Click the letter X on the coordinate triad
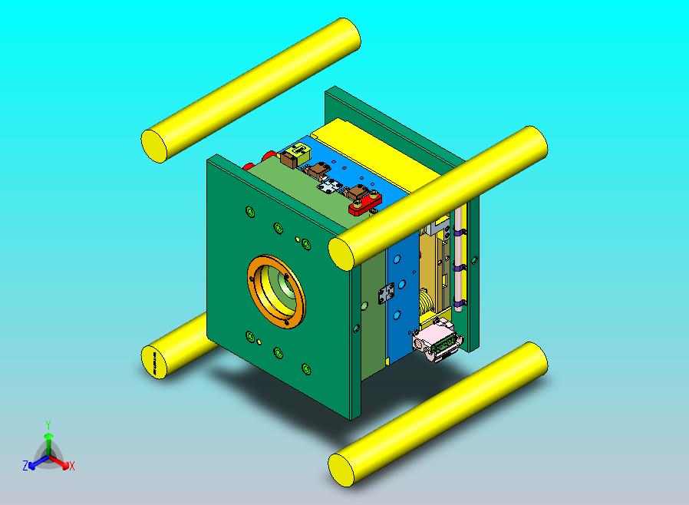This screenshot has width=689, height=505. pos(71,466)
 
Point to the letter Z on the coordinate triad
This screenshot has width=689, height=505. pos(25,465)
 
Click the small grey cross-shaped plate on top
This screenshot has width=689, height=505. pos(330,186)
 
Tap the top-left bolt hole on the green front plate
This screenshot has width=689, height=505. pos(249,211)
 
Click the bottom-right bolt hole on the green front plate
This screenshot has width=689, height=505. pos(306,369)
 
